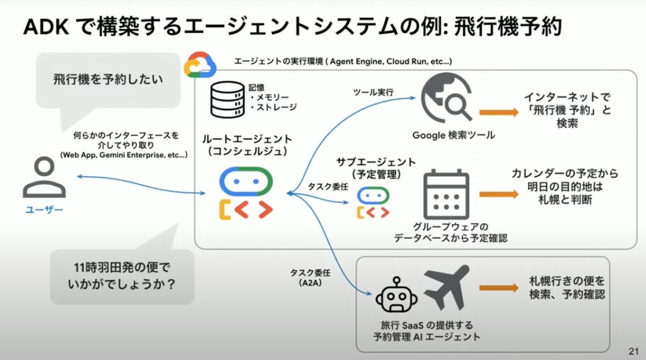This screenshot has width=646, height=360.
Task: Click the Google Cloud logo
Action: tap(200, 64)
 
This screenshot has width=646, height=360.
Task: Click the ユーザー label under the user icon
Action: tap(44, 210)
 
